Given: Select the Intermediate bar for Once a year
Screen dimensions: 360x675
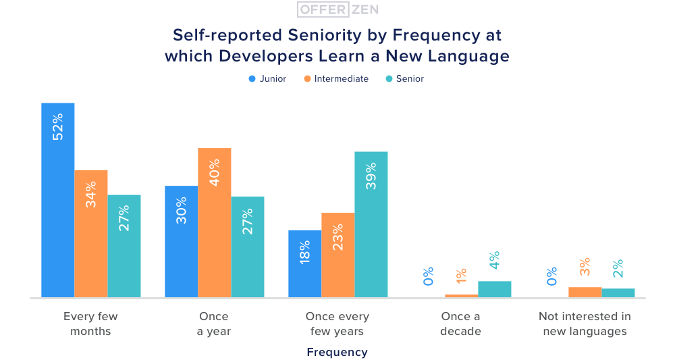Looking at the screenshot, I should click(214, 222).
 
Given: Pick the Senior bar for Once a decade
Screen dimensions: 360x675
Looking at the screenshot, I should click(494, 289).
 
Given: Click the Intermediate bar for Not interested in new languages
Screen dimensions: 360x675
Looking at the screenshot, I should click(585, 292).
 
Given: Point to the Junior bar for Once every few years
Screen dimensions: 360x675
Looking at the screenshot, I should click(304, 263).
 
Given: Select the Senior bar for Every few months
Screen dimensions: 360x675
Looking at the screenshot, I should click(124, 246).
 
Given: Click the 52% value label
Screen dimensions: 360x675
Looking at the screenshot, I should click(57, 126).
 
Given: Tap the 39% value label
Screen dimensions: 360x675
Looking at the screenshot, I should click(371, 176).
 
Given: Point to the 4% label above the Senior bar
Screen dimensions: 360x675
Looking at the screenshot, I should click(494, 261).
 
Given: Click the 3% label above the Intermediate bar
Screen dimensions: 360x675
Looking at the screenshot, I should click(585, 267).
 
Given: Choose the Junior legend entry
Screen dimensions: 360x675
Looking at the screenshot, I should click(267, 79).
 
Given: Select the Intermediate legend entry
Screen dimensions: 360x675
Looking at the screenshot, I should click(336, 79).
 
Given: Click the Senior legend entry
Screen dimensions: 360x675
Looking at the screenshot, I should click(404, 79).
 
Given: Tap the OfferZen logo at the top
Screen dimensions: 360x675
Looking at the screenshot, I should click(337, 9).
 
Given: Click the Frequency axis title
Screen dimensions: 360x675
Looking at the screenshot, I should click(337, 352).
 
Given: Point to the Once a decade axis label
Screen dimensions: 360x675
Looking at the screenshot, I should click(460, 324).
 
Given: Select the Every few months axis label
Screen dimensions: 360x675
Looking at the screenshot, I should click(90, 324).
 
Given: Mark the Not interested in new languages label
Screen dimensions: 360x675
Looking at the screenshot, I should click(585, 324).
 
